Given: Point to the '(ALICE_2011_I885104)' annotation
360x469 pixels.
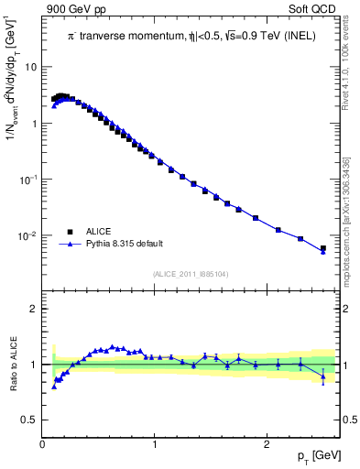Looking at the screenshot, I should point(191,274).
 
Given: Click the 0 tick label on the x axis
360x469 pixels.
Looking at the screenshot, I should point(43,444).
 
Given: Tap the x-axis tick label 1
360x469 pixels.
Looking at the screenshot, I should point(155,444).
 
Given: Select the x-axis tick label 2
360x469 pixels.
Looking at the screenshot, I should point(267,444).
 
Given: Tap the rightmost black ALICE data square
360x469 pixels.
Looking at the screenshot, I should point(322,248).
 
